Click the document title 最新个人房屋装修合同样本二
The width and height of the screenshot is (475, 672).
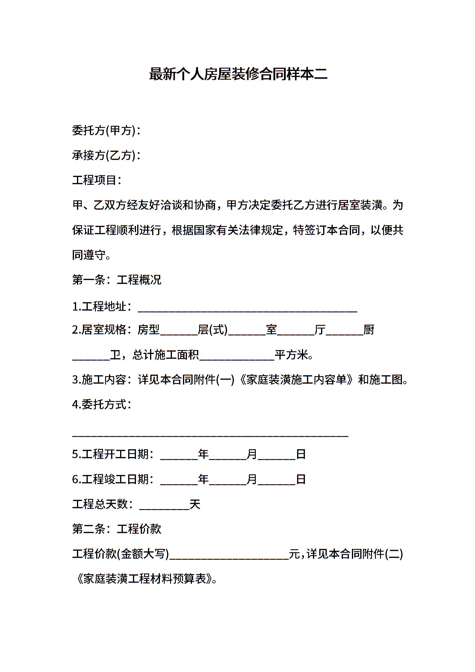pos(238,74)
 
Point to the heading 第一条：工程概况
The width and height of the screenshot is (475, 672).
pos(117,279)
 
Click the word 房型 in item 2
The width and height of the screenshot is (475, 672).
pos(149,330)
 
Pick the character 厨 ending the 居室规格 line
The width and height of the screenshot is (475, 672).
pos(369,330)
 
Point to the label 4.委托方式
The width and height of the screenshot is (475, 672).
pos(102,405)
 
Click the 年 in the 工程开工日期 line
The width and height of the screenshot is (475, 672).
pos(203,454)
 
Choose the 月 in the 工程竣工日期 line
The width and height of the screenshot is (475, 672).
pos(252,479)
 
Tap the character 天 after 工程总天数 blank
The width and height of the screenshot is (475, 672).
pos(195,504)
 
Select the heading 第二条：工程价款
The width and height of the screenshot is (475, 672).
pos(117,529)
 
